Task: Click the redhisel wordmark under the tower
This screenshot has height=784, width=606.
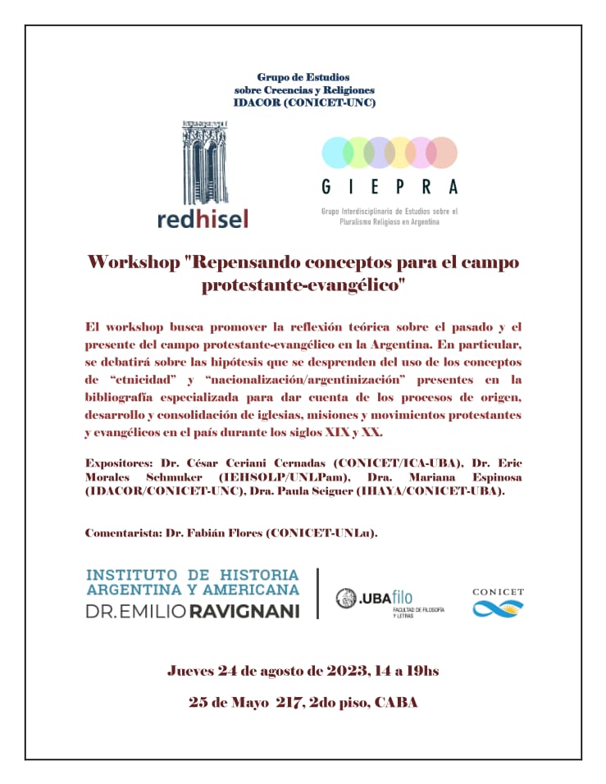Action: pyautogui.click(x=202, y=217)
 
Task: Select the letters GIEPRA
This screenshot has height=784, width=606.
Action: pyautogui.click(x=390, y=187)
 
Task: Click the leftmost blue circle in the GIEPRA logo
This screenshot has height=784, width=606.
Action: pyautogui.click(x=336, y=153)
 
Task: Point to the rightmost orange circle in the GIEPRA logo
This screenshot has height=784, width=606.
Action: pyautogui.click(x=442, y=153)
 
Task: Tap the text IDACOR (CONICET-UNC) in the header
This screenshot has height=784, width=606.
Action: pyautogui.click(x=304, y=102)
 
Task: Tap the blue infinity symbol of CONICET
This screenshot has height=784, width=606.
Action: pyautogui.click(x=498, y=608)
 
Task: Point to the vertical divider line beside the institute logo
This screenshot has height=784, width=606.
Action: pyautogui.click(x=318, y=593)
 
